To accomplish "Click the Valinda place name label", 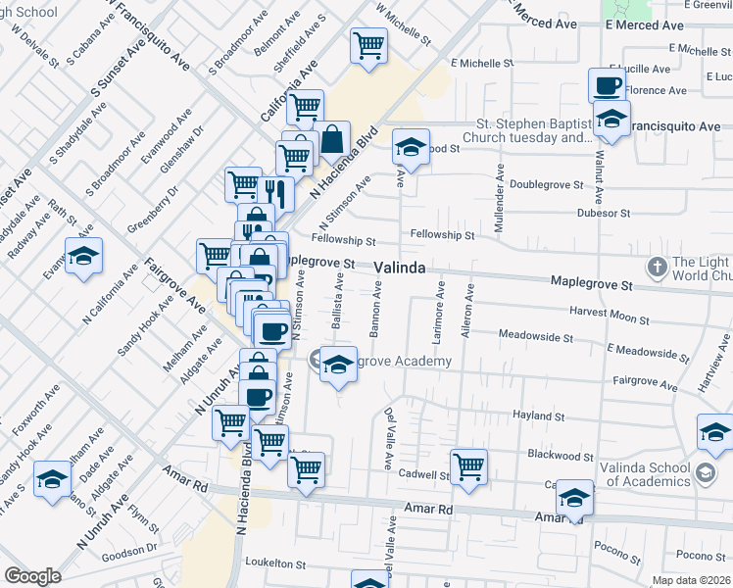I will tap(400, 267).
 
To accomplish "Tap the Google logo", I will tap(32, 576).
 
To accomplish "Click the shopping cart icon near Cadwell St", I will tap(469, 466).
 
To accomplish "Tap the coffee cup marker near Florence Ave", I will tap(607, 85).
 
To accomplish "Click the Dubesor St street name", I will tap(604, 212).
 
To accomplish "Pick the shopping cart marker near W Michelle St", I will tap(368, 44).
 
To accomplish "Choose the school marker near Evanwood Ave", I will tap(84, 256).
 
